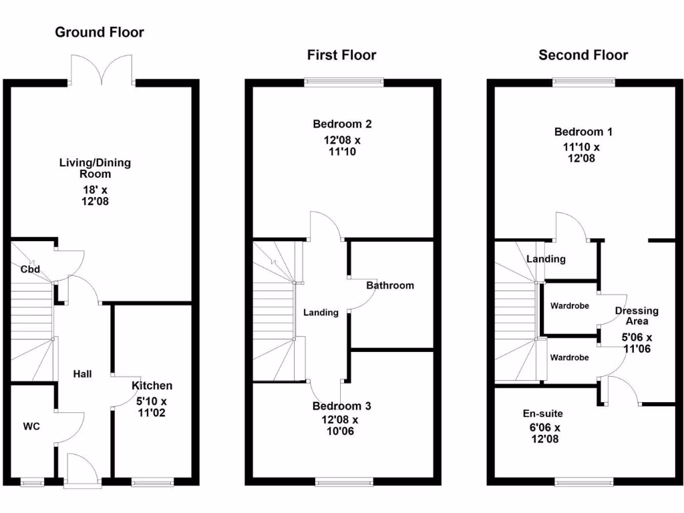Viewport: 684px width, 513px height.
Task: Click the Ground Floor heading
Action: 100,32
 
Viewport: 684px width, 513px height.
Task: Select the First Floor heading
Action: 341,55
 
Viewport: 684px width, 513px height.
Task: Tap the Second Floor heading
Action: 583,55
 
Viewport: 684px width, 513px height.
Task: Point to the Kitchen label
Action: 152,385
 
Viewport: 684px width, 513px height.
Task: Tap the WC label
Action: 32,426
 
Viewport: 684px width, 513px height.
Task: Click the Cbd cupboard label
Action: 30,270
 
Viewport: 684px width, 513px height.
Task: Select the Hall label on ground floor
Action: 83,374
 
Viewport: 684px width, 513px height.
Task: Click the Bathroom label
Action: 389,285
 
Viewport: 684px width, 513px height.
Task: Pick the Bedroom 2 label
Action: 342,124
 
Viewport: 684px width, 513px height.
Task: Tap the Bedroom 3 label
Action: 342,406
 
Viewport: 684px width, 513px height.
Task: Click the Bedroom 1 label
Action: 582,132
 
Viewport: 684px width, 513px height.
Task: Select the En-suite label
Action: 542,413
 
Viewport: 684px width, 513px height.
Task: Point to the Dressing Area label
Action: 637,316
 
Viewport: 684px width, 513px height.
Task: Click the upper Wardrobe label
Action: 569,307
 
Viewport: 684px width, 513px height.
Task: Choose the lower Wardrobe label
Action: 569,357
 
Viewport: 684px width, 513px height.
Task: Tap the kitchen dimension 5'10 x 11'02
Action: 152,407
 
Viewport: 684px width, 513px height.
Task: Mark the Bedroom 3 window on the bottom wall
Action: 344,481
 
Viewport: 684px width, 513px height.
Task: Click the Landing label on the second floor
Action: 546,259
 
